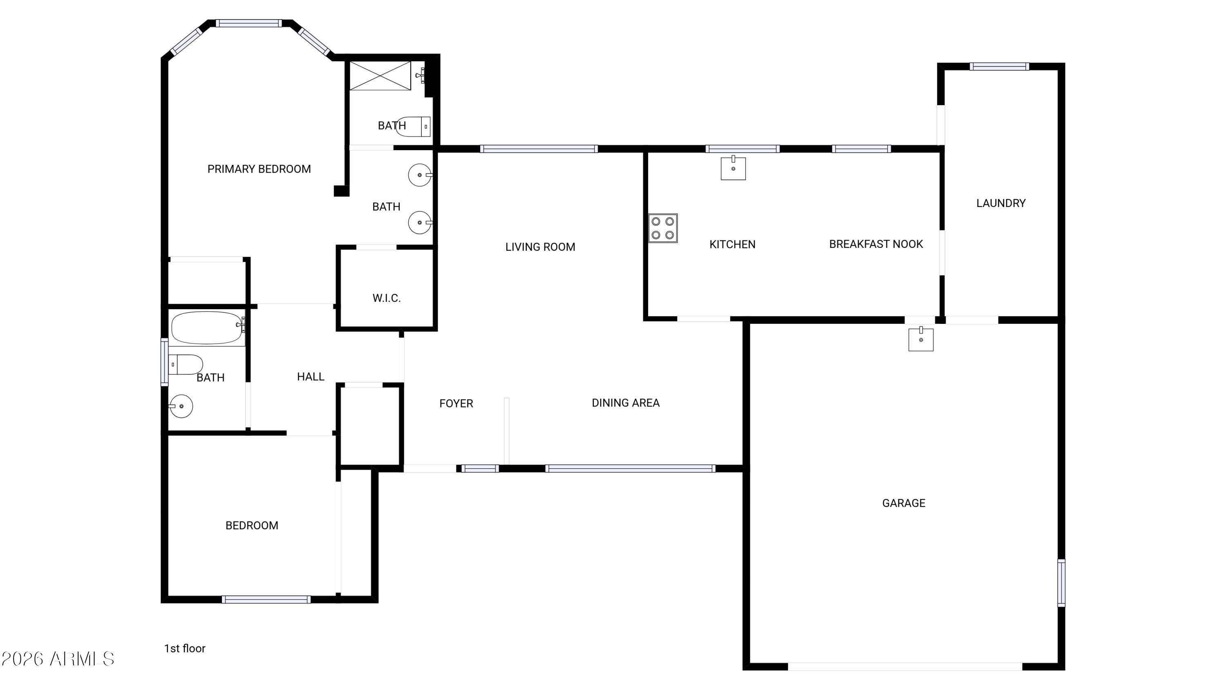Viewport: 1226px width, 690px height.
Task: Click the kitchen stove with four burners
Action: coord(662,228)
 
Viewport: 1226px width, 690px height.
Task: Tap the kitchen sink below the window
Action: coord(733,168)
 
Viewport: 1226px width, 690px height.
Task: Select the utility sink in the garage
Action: coord(920,339)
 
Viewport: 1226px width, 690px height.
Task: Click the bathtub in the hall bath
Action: coord(207,328)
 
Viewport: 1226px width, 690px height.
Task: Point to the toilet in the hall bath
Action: coord(186,364)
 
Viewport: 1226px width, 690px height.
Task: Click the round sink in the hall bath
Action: coord(181,406)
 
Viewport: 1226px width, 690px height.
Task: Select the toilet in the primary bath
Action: coord(413,127)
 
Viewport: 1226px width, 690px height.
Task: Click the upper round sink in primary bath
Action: coord(420,175)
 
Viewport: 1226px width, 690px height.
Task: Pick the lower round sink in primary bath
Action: coord(420,223)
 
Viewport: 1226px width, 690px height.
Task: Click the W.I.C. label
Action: coord(387,298)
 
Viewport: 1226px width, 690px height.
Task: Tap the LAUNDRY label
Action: coord(1001,203)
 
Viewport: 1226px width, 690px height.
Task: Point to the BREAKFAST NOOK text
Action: coord(876,244)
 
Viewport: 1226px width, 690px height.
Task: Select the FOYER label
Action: coord(456,404)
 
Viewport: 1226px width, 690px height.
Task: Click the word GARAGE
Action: coord(904,503)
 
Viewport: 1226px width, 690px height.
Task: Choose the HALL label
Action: coord(310,377)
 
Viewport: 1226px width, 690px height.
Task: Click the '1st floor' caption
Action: coord(185,648)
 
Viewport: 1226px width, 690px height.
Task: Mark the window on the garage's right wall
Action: coord(1061,583)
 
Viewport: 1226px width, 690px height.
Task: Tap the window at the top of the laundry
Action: coord(1000,66)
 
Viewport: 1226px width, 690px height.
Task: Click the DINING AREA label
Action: coord(625,403)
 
